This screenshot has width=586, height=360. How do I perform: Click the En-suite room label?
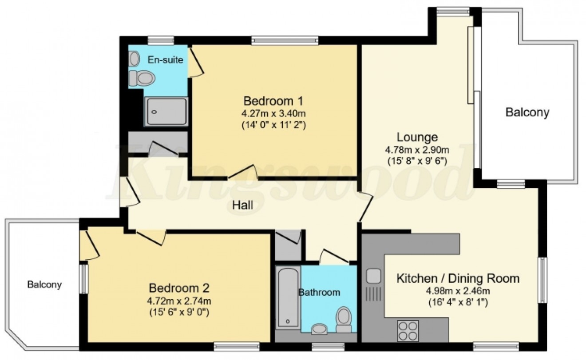[x=165, y=60]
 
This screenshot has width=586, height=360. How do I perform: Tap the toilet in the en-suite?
[x=142, y=79]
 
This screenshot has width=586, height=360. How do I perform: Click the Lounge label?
[x=417, y=137]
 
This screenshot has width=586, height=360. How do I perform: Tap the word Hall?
[x=242, y=205]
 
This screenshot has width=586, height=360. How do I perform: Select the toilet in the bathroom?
[x=343, y=319]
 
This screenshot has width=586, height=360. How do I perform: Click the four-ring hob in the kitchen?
[x=408, y=330]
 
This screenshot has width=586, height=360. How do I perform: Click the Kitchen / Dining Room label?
[x=457, y=279]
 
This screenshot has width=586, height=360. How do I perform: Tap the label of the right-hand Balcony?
[x=527, y=112]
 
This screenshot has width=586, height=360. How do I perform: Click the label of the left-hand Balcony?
[x=44, y=285]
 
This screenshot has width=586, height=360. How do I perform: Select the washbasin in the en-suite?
[x=135, y=58]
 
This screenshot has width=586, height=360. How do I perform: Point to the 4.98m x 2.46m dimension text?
[x=457, y=292]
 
